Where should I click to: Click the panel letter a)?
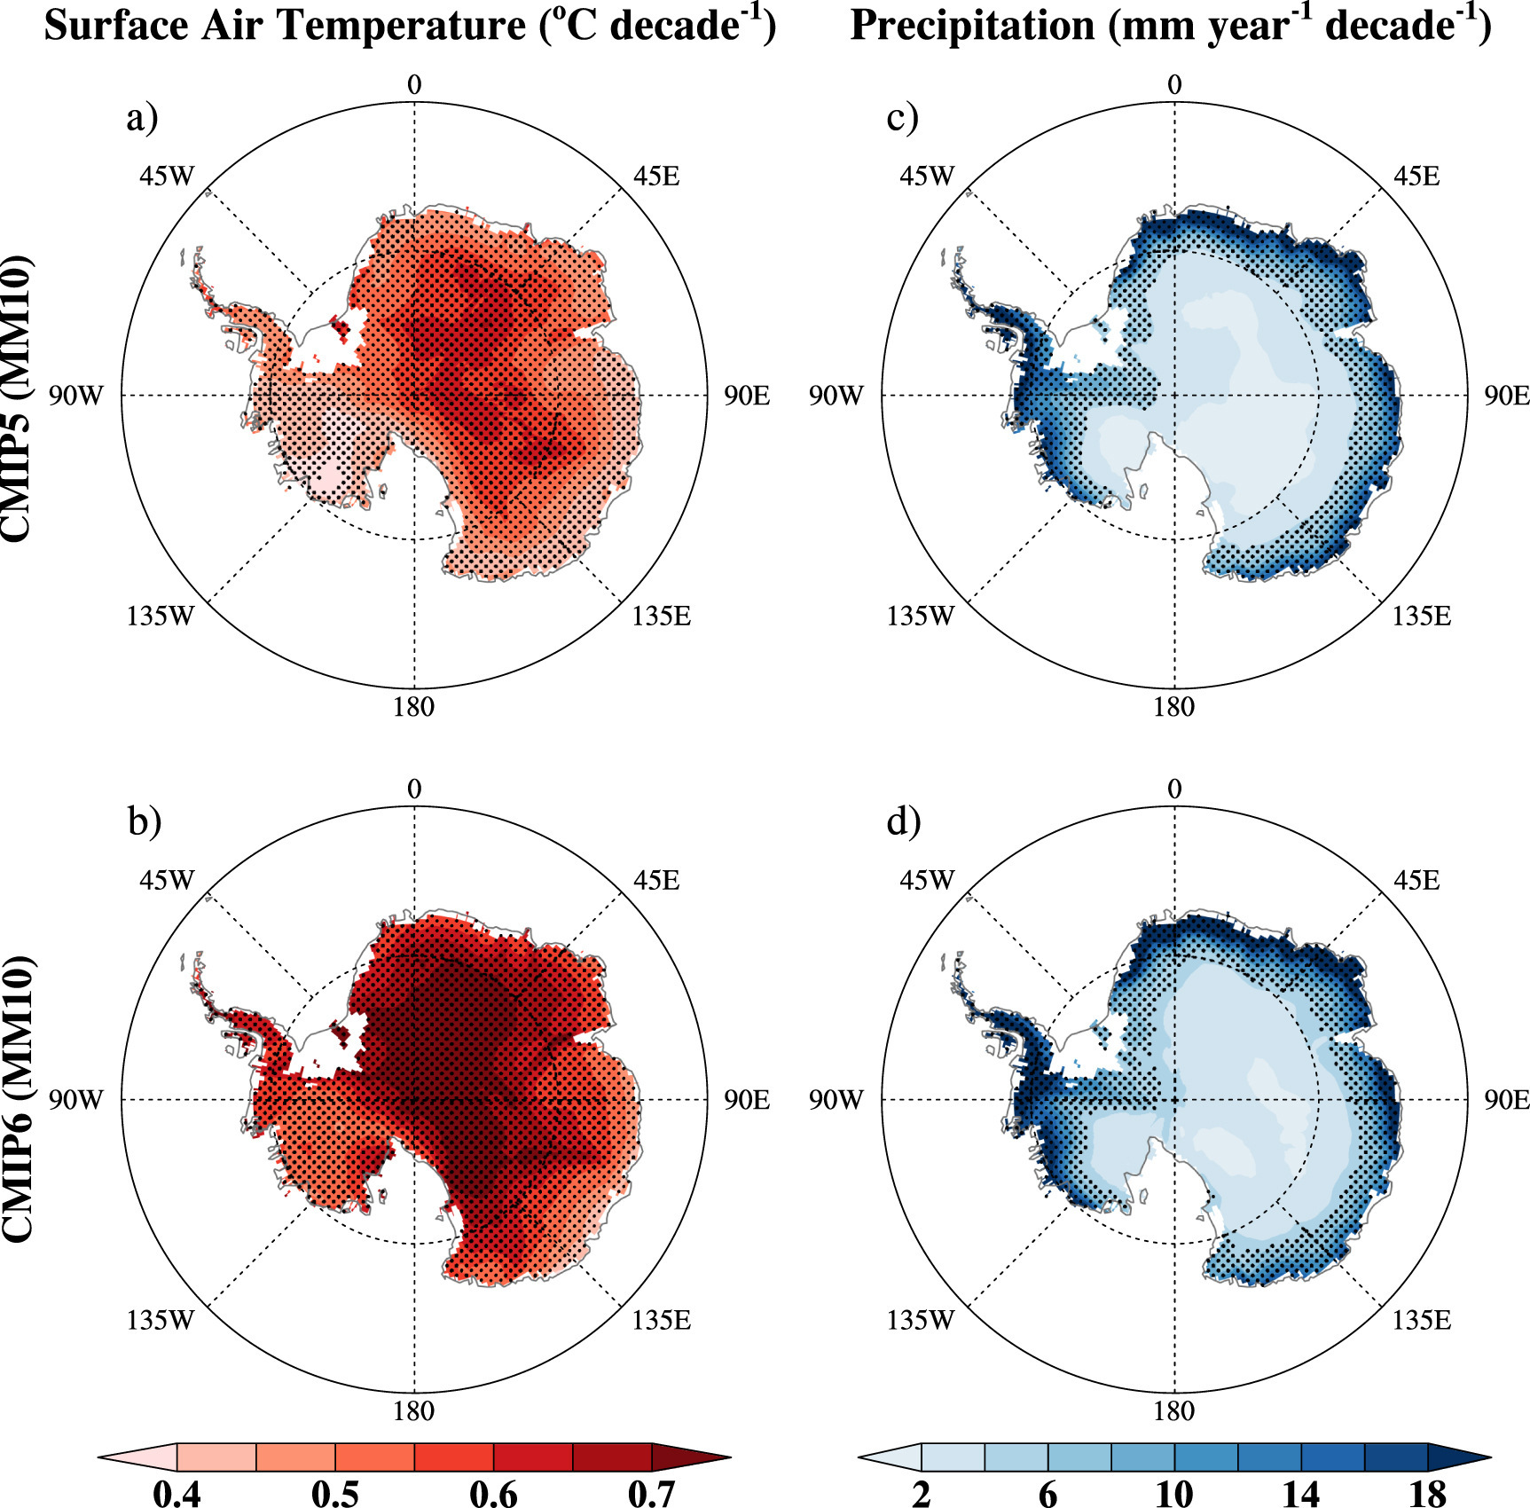click(142, 117)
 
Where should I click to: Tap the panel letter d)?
click(904, 821)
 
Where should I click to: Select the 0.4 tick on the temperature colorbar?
click(177, 1493)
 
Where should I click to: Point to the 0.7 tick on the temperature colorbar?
click(652, 1493)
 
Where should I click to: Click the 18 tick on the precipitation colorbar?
click(1427, 1493)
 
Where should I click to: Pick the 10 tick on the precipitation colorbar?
click(1174, 1493)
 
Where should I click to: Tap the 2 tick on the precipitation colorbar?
click(922, 1493)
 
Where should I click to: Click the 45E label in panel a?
click(656, 177)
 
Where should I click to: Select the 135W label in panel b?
click(160, 1320)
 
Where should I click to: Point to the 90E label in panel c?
click(1507, 396)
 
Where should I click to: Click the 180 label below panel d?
click(1174, 1411)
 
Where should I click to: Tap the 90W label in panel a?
click(75, 396)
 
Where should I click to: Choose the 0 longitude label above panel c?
click(1174, 85)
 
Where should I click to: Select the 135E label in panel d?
click(1422, 1320)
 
